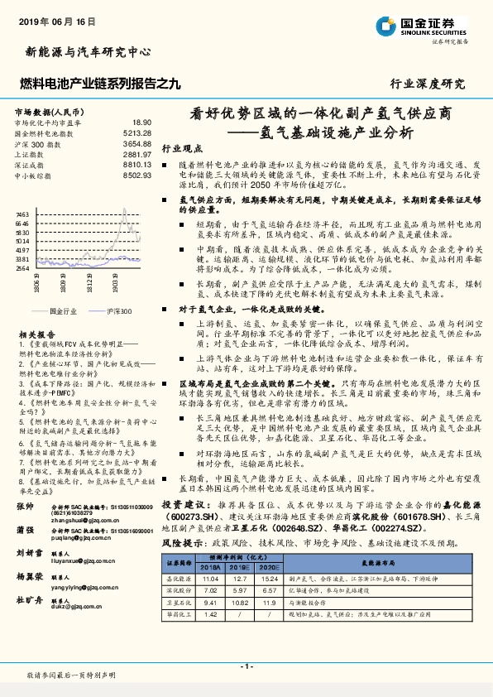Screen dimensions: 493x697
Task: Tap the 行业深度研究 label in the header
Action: (x=427, y=84)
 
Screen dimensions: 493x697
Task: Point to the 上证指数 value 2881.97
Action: (x=136, y=154)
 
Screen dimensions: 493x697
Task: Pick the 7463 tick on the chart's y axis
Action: (x=22, y=214)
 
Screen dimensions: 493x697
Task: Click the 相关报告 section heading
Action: (x=33, y=334)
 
